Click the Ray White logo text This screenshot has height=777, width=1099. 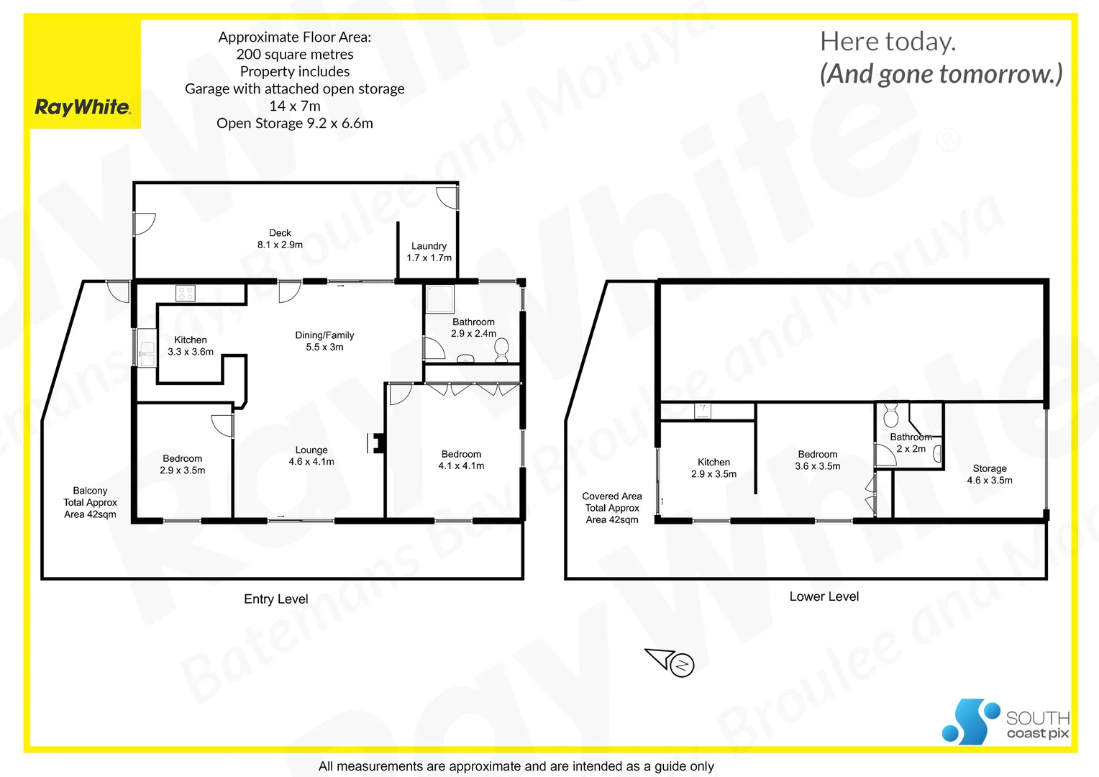pos(83,107)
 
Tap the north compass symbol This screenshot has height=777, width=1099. pos(681,665)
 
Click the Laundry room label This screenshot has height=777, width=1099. pos(429,252)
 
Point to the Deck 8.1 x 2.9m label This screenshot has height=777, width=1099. pos(280,239)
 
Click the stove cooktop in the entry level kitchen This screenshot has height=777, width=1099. pos(186,293)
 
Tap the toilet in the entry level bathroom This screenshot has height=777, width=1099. pos(501,350)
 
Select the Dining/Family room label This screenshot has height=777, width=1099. pos(324,341)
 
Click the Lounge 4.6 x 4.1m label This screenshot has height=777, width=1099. pos(311,455)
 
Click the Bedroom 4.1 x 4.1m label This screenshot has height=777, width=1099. pos(461,460)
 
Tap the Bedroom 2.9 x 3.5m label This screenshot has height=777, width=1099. pos(182,464)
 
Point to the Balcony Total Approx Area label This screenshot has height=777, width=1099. pos(90,502)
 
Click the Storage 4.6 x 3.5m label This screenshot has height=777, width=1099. pos(989,474)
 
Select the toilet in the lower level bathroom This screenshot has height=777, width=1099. pos(891,416)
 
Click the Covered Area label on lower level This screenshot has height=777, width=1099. pos(611,508)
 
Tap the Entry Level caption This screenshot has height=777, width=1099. pos(275,599)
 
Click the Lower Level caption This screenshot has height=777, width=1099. pos(824,596)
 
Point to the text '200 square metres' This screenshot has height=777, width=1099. pos(295,55)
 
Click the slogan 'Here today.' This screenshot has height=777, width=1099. pos(888,42)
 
